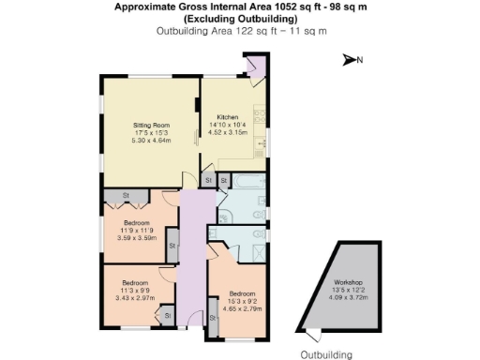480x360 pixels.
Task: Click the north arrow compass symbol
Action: [x=350, y=60]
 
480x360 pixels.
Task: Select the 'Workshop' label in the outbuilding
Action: [x=347, y=282]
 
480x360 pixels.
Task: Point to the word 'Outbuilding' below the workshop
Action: [x=326, y=354]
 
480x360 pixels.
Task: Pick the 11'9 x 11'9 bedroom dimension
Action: [x=136, y=230]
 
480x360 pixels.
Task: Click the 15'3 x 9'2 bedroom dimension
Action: [x=240, y=299]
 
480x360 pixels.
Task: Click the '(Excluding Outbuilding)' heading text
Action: [x=240, y=18]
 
